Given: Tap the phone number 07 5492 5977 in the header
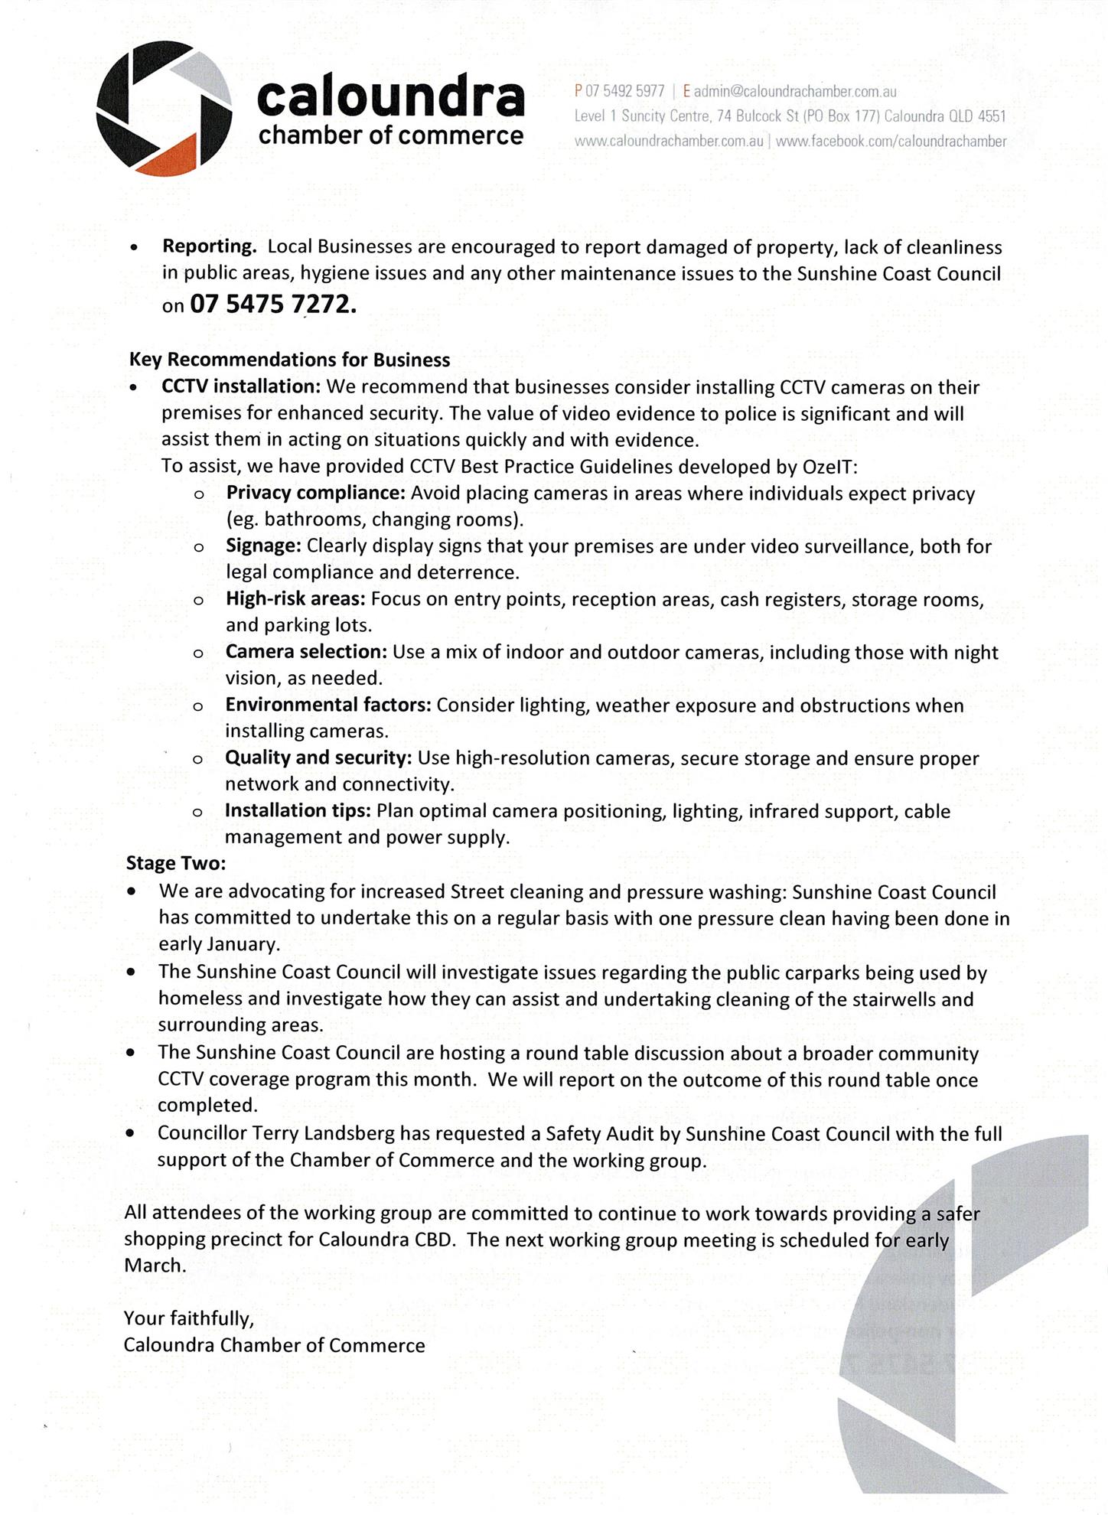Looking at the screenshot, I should point(624,92).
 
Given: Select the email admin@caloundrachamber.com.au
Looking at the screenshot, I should point(795,92).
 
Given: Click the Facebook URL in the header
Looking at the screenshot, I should point(891,141).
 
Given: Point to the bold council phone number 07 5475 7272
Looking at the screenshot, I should point(273,305).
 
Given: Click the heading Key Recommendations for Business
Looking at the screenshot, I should point(289,360).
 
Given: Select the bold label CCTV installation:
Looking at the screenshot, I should point(240,386).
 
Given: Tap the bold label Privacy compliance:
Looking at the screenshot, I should point(315,493).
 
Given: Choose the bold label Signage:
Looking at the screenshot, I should point(264,546).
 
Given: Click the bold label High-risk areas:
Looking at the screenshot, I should point(295,598).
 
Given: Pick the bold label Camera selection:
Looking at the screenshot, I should point(306,652).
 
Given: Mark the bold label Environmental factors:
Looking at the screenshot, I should point(328,705).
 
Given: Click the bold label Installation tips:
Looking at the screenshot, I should point(298,810).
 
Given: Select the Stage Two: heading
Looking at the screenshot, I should point(176,863).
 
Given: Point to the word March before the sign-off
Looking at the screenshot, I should point(155,1265).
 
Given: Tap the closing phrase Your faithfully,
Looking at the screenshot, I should point(188,1318).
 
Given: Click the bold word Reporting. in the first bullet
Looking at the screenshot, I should point(210,246).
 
